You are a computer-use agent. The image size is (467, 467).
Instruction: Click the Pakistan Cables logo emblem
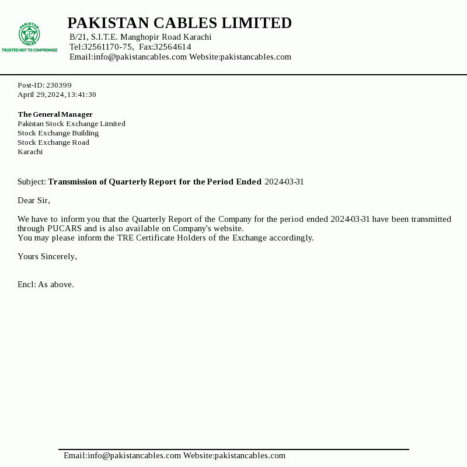(29, 34)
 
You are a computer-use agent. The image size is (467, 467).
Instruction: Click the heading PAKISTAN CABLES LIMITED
(179, 23)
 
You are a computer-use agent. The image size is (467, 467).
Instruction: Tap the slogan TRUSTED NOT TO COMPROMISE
(29, 50)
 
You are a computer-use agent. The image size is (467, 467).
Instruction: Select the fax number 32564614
(172, 47)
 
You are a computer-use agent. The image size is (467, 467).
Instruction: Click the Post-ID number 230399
(59, 85)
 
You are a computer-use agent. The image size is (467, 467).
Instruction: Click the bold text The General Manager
(55, 114)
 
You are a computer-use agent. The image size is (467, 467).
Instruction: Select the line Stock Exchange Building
(58, 133)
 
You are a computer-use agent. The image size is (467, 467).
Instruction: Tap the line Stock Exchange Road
(53, 142)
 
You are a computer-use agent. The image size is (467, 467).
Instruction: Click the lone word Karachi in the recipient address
(30, 152)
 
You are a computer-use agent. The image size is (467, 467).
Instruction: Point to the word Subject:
(32, 182)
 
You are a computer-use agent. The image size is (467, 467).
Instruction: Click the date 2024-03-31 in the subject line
(284, 182)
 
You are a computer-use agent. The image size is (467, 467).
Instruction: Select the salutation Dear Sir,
(34, 200)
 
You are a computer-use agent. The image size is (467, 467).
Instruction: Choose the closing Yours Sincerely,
(47, 256)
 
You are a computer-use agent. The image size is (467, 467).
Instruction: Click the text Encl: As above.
(46, 284)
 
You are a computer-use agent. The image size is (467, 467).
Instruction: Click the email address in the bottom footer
(122, 455)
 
